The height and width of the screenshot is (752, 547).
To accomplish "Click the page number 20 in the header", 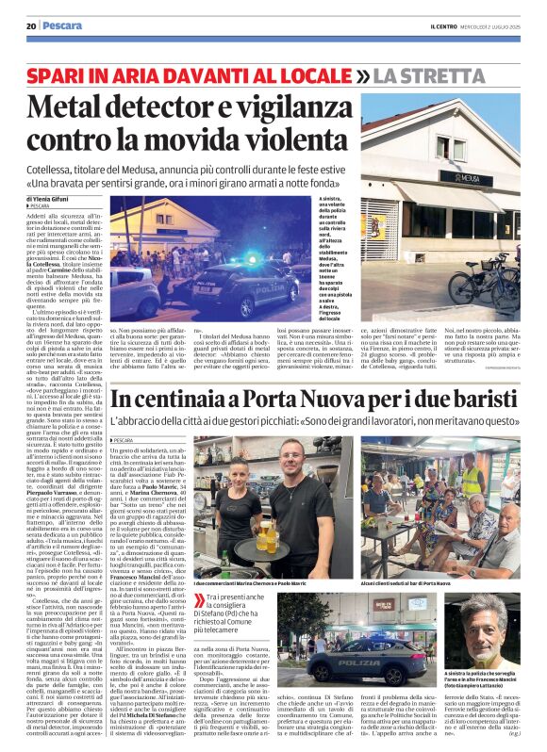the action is [31, 25].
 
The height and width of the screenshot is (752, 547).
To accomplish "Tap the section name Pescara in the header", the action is [61, 25].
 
